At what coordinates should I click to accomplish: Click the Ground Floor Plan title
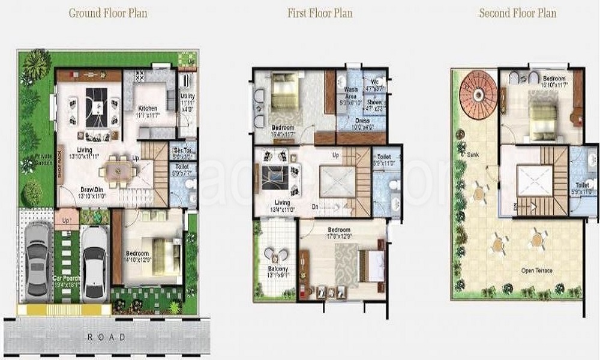[108, 13]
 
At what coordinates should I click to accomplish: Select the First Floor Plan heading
[320, 13]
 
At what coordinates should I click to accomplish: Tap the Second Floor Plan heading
[517, 13]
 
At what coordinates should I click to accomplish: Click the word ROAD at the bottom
[107, 337]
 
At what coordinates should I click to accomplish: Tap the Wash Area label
[351, 93]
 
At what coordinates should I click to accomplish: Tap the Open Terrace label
[537, 271]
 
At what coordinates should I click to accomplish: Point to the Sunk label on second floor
[473, 154]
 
